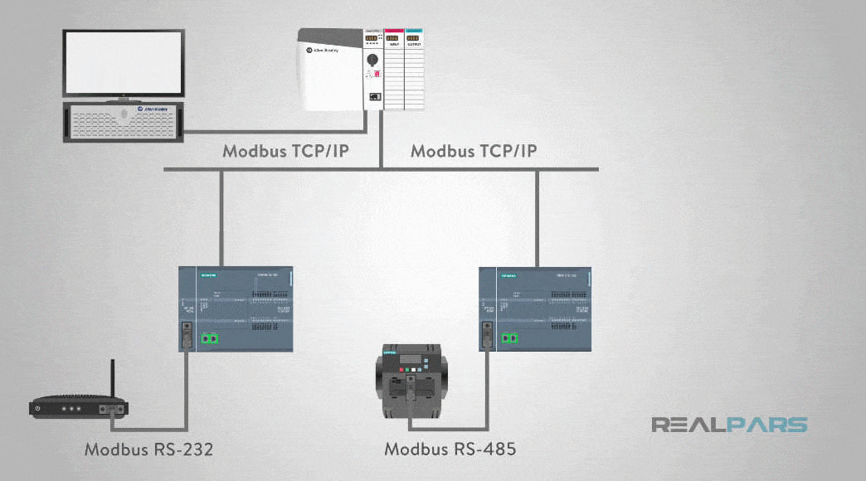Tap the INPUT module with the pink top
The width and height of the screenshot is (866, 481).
[393, 70]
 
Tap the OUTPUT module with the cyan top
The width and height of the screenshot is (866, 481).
[414, 70]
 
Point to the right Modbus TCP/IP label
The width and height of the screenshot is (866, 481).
[474, 152]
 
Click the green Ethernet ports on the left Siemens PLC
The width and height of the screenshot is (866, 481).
[211, 338]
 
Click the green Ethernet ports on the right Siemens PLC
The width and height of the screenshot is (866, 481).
[509, 338]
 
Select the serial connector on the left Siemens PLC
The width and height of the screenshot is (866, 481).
[188, 337]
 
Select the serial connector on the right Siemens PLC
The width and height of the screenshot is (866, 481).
[487, 337]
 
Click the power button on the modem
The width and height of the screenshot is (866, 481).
[38, 409]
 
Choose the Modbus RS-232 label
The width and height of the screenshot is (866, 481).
[148, 449]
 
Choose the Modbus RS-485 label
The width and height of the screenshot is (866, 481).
[450, 449]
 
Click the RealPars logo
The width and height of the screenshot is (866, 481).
[728, 425]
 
